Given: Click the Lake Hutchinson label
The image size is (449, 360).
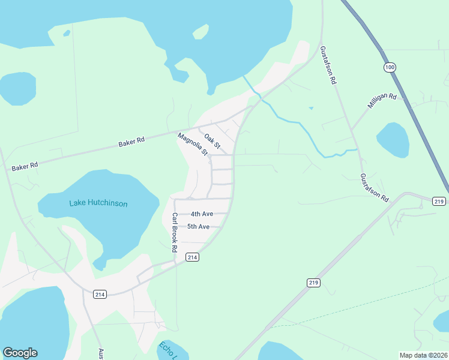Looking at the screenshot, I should (98, 203).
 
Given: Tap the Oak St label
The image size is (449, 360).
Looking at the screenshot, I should (212, 142).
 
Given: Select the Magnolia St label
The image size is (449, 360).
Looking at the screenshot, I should (193, 145).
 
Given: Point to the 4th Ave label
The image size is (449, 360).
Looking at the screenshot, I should (202, 214).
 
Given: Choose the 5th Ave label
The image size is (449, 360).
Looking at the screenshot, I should (198, 226).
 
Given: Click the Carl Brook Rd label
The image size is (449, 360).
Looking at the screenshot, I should (175, 232).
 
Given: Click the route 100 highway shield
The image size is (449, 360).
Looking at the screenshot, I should (390, 67).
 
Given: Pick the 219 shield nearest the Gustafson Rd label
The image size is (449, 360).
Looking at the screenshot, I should (439, 201).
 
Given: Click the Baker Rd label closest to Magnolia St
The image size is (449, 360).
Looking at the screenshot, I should (132, 142).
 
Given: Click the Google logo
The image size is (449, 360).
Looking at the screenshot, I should (20, 353).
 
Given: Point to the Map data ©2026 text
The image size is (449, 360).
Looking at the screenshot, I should (423, 355).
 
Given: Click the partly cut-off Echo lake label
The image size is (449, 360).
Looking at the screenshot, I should (166, 350).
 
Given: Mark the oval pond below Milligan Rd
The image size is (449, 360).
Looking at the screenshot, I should (393, 140).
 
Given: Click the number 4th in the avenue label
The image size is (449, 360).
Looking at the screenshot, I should (195, 214).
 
